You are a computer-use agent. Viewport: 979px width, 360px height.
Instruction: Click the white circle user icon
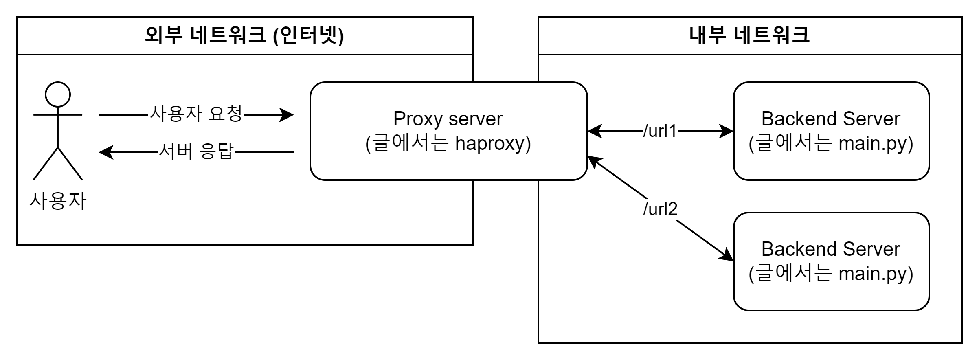click(x=58, y=94)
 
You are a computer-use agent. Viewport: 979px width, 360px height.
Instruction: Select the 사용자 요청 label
click(x=196, y=114)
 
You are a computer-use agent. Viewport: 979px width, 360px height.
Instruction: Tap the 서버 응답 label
click(x=196, y=152)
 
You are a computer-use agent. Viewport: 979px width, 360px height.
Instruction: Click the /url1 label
click(x=660, y=131)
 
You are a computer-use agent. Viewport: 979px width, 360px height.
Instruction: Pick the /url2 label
click(x=660, y=209)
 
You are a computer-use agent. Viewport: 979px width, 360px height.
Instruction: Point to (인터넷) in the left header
click(x=308, y=35)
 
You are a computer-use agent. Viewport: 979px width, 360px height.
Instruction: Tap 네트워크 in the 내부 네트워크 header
click(x=771, y=35)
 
